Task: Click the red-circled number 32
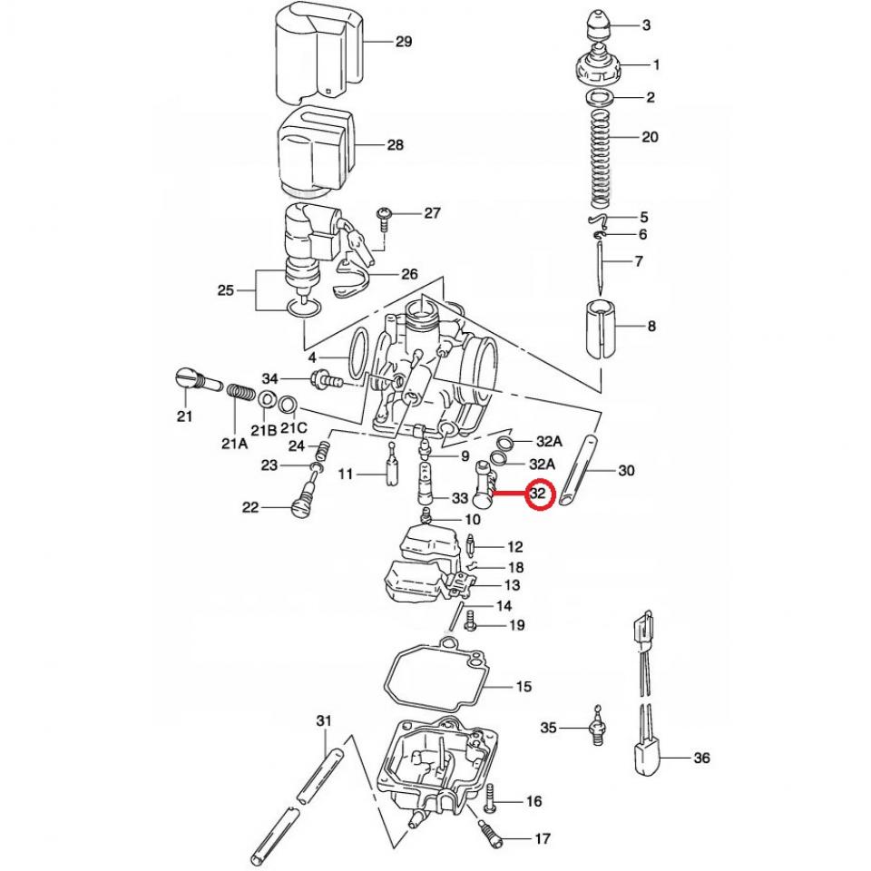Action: (541, 495)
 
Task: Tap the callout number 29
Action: (404, 42)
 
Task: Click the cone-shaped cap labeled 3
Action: (596, 27)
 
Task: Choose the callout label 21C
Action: (292, 427)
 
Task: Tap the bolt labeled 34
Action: (326, 379)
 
